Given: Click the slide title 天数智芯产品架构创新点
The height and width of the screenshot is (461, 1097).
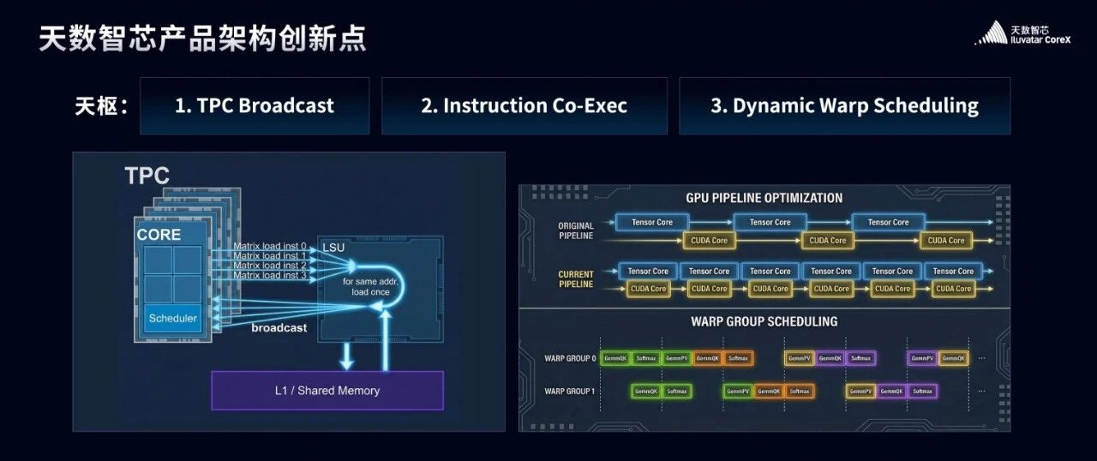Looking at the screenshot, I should click(202, 39).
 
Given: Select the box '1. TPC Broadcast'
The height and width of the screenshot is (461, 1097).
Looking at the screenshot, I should click(255, 105).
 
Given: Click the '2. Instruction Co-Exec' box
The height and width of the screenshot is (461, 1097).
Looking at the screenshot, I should click(524, 105).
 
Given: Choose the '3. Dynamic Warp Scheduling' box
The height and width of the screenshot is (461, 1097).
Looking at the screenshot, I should click(844, 105).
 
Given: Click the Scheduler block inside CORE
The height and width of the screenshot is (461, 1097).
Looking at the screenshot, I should click(173, 318).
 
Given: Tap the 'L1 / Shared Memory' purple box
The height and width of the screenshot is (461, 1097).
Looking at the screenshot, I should click(327, 390).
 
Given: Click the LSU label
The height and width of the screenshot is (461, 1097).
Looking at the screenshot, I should click(333, 248).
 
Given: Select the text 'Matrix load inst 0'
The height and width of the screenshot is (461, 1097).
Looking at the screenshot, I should click(270, 246).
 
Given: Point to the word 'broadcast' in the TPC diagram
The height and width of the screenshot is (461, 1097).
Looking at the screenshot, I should click(279, 327).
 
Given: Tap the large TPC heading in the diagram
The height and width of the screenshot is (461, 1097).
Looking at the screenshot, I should click(147, 176).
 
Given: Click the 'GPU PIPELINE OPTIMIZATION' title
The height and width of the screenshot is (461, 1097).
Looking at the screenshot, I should click(764, 198).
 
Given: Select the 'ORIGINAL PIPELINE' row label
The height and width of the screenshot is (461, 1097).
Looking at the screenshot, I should click(575, 230).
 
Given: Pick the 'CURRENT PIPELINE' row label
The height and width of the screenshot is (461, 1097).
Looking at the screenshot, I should click(575, 279).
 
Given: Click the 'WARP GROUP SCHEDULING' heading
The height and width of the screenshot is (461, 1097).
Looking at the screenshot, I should click(764, 322).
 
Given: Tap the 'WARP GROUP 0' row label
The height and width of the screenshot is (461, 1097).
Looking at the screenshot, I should click(569, 358).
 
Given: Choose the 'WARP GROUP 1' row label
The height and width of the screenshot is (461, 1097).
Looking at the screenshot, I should click(569, 392).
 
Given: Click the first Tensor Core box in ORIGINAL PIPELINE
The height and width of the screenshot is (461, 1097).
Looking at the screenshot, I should click(652, 223).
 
